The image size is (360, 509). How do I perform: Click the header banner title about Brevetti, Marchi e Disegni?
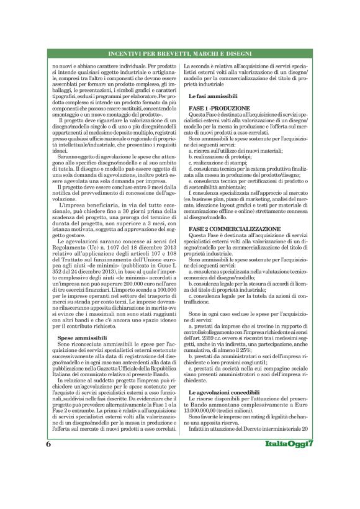pyautogui.click(x=179, y=53)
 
